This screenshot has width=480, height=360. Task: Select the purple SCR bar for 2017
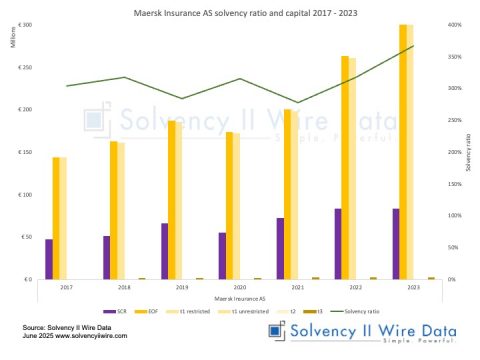pyautogui.click(x=49, y=259)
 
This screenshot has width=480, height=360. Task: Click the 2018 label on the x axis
pyautogui.click(x=124, y=287)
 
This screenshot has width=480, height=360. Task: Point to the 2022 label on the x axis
pyautogui.click(x=355, y=287)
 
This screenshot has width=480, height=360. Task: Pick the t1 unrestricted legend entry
pyautogui.click(x=242, y=312)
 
